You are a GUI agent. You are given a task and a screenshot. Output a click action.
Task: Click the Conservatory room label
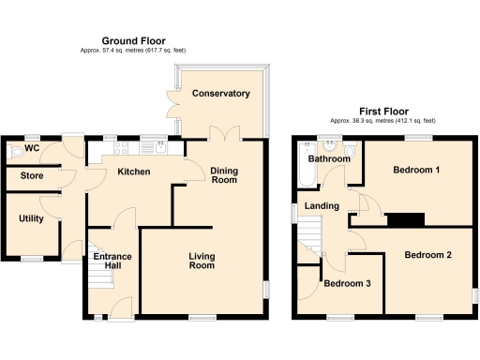tap(220, 94)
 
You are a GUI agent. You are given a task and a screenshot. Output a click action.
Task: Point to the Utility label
tap(31, 218)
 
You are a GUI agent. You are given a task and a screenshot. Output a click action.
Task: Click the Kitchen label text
tap(135, 172)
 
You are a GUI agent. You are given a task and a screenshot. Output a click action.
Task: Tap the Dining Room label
tap(224, 175)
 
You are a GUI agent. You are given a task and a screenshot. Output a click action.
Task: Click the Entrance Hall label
tap(110, 263)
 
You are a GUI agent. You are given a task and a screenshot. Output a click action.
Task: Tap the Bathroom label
tap(331, 159)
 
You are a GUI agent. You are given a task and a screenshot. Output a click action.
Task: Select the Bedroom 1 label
tap(416, 170)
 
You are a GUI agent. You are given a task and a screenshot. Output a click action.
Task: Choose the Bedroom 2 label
tap(428, 255)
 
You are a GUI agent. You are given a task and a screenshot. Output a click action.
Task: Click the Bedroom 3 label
tap(348, 285)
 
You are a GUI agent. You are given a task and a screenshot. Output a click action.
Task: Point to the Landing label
tap(321, 207)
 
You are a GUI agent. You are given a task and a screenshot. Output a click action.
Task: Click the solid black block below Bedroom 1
tap(404, 219)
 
